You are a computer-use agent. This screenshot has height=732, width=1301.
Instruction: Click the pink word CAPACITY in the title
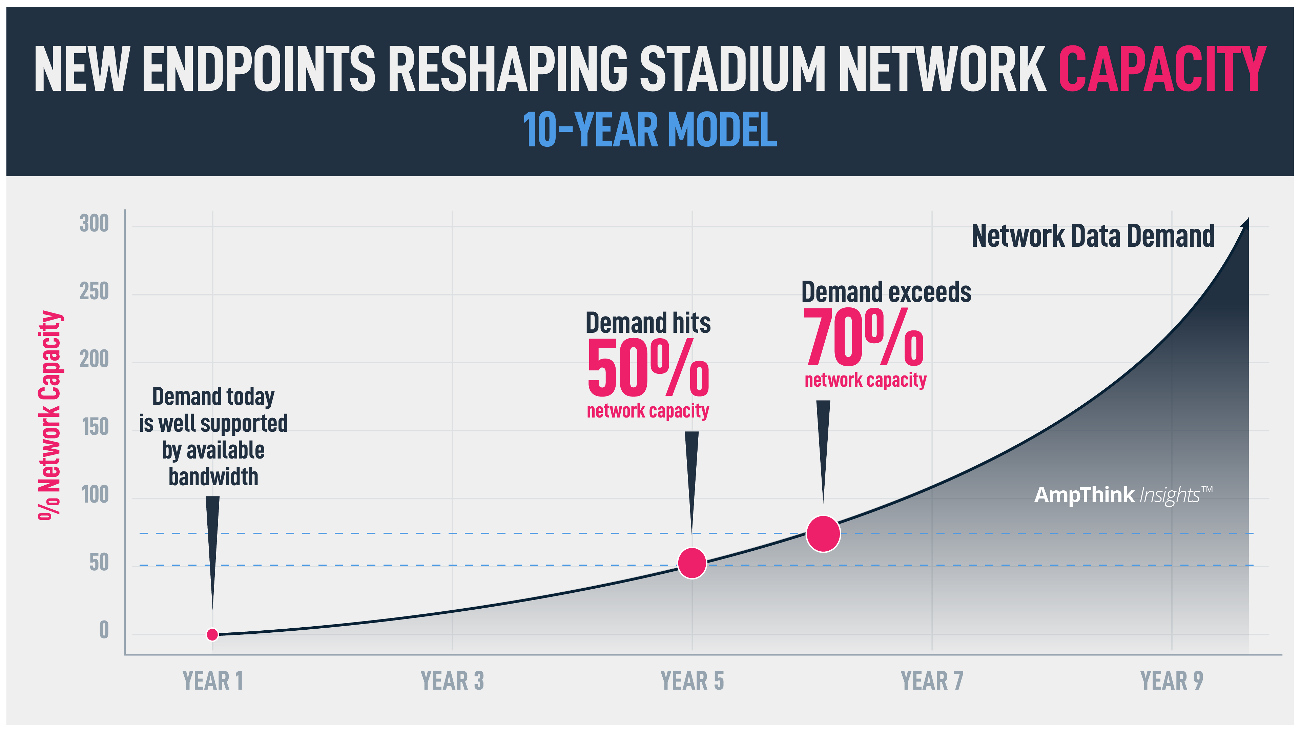[x=1162, y=69]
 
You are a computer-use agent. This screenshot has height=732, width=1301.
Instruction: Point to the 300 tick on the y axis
[x=95, y=223]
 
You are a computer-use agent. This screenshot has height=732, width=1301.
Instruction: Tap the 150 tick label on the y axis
[x=96, y=427]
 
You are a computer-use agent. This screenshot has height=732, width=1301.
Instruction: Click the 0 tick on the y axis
[x=104, y=630]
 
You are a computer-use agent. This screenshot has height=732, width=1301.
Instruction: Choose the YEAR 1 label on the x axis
[x=213, y=680]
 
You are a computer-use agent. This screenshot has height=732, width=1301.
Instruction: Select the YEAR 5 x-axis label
[x=692, y=680]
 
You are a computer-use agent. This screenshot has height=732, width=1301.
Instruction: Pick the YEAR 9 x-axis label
[x=1172, y=680]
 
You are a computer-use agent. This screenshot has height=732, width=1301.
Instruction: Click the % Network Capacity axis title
[x=50, y=415]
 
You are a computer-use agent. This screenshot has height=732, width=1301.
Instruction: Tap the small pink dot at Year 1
[x=213, y=634]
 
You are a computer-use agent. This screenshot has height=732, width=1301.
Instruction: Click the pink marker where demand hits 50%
[x=691, y=563]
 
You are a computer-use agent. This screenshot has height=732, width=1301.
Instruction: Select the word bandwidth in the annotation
[x=213, y=477]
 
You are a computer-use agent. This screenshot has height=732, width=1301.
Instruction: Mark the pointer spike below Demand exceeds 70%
[x=823, y=445]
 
